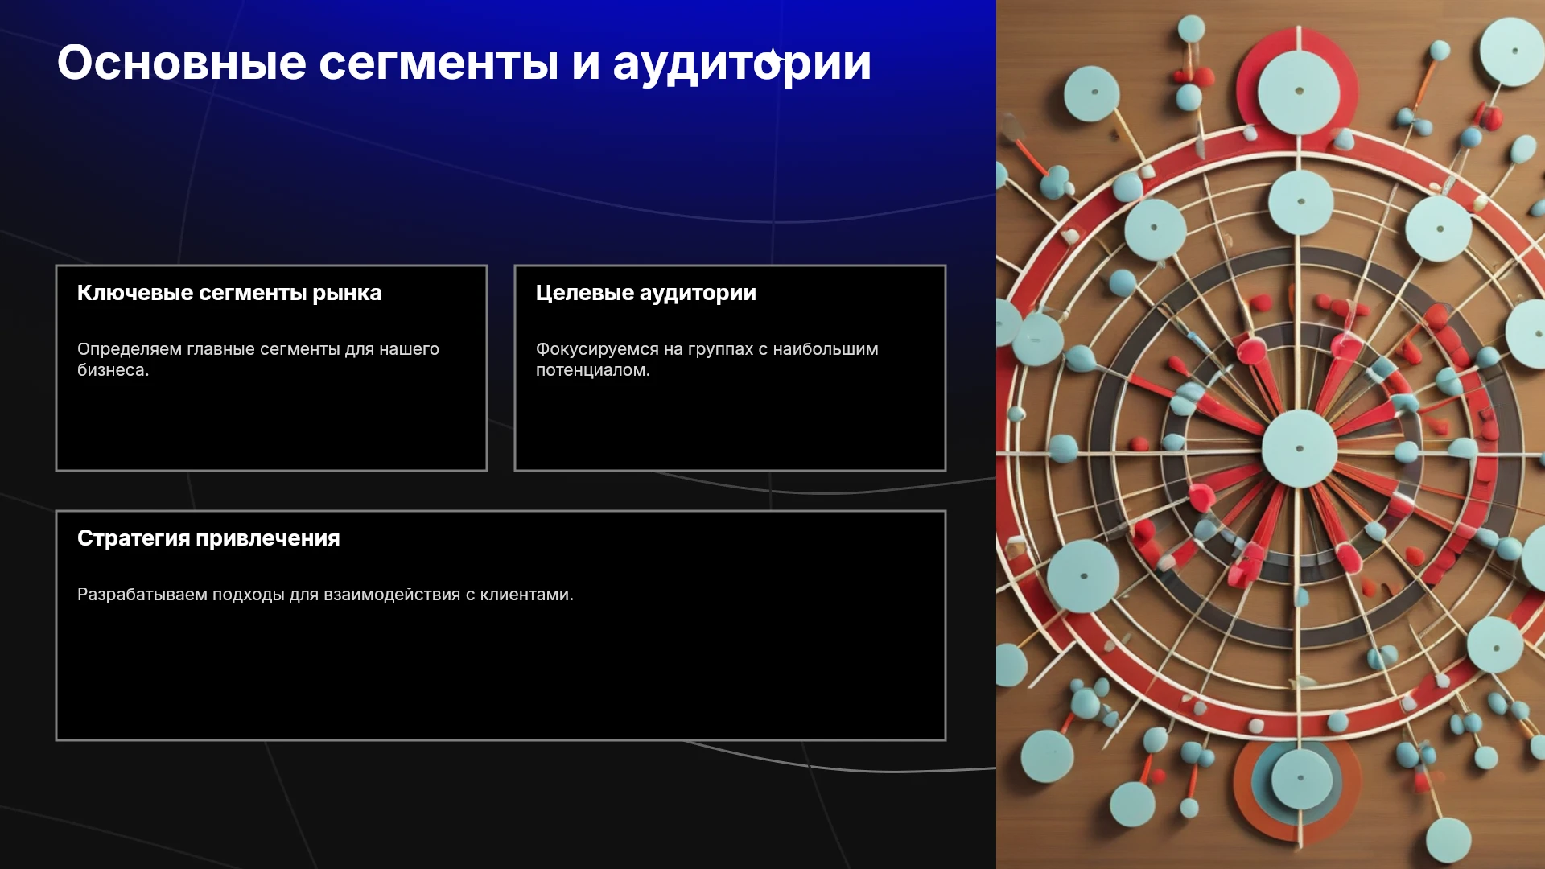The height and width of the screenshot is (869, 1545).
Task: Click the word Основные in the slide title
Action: point(182,63)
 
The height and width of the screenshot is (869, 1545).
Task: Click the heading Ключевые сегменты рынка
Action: point(229,293)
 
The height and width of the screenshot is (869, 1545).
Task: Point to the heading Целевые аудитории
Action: point(646,294)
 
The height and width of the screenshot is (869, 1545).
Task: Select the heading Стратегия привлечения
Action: point(208,538)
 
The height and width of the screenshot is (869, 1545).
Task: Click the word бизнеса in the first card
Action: point(113,370)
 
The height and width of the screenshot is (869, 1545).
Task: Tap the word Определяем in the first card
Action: point(130,349)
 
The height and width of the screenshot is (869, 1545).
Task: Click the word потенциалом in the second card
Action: point(592,370)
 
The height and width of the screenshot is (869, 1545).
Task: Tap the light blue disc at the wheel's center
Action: point(1299,448)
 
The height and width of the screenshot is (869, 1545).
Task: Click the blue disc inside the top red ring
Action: point(1298,91)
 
